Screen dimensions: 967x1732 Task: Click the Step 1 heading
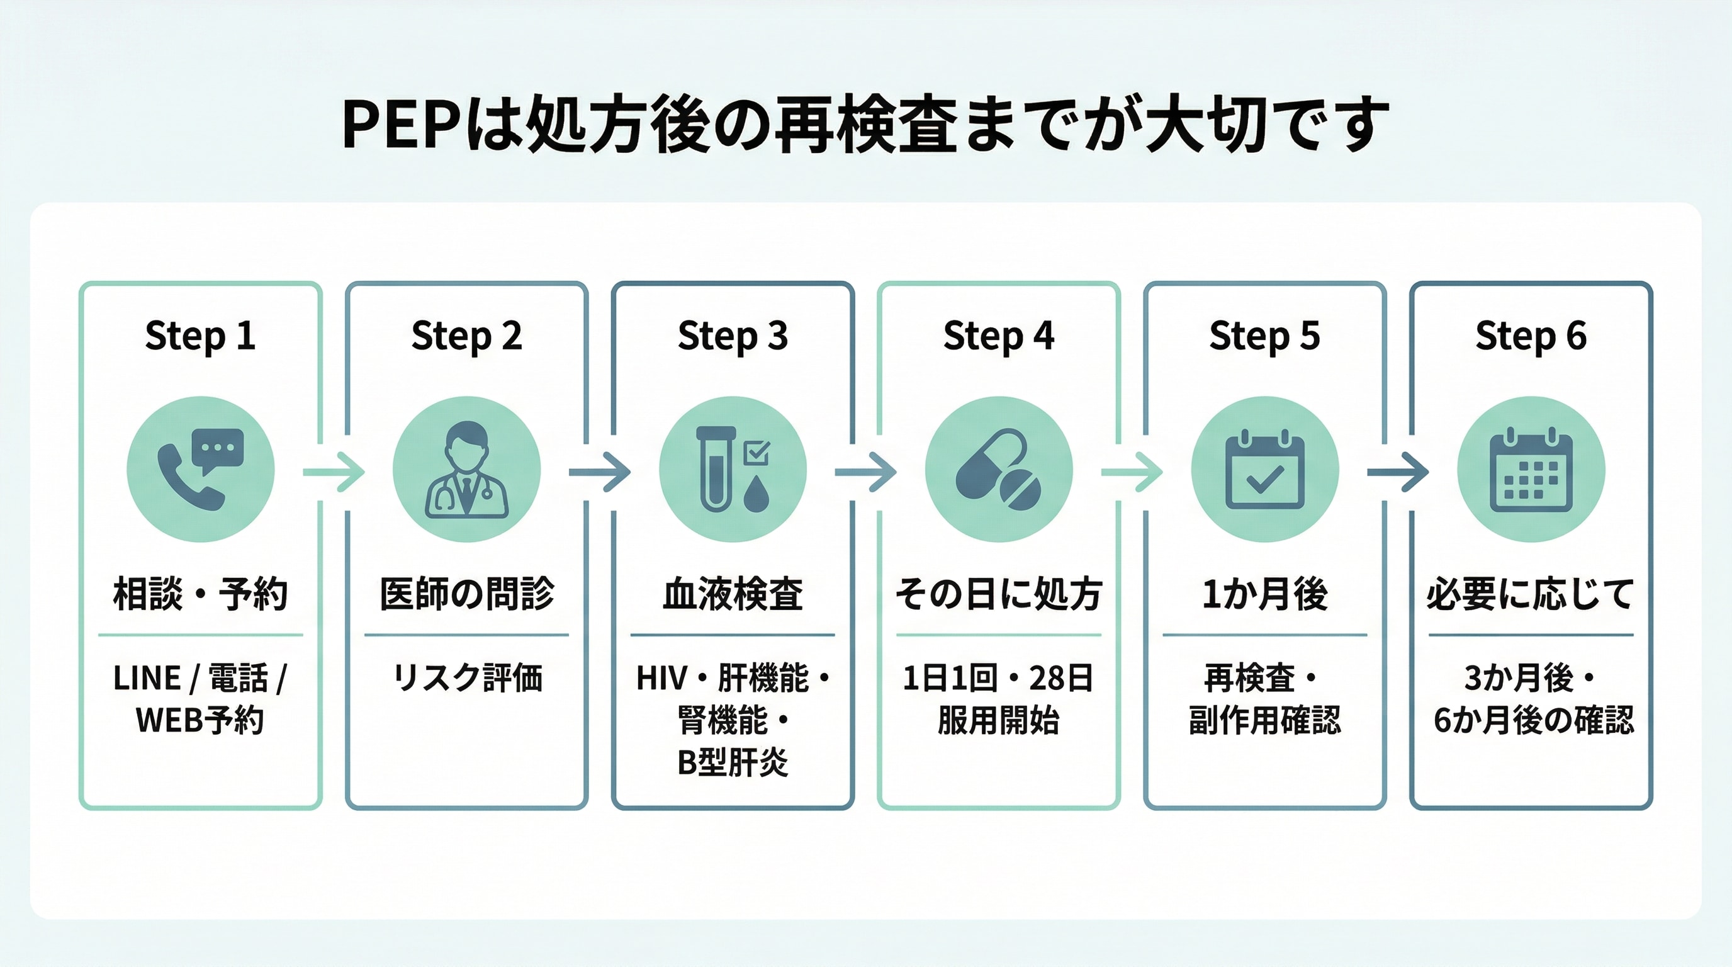[200, 336]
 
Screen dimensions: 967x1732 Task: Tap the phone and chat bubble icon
[200, 469]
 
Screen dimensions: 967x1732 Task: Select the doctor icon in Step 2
[466, 469]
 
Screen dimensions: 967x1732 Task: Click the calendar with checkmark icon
[1265, 469]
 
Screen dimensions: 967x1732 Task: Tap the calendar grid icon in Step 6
[1531, 469]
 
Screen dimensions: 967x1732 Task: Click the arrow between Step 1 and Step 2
[334, 472]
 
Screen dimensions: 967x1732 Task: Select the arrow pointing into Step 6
[1398, 472]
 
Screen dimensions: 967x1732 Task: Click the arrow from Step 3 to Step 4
[865, 472]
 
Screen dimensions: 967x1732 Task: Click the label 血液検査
[733, 594]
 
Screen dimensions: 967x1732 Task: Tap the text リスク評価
[466, 677]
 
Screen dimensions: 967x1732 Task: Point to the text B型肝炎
[733, 762]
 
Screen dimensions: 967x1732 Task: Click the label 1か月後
[1265, 594]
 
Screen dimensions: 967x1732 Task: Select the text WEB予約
[200, 720]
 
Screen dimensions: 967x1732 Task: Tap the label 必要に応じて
[1531, 594]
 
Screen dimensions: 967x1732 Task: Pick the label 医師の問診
[466, 594]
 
